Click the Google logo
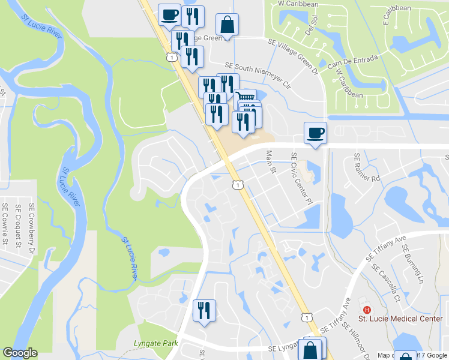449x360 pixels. [20, 353]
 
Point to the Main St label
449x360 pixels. [270, 163]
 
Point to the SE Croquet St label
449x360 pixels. [18, 226]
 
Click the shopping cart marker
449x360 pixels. [245, 97]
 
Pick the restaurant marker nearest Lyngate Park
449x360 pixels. [204, 310]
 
